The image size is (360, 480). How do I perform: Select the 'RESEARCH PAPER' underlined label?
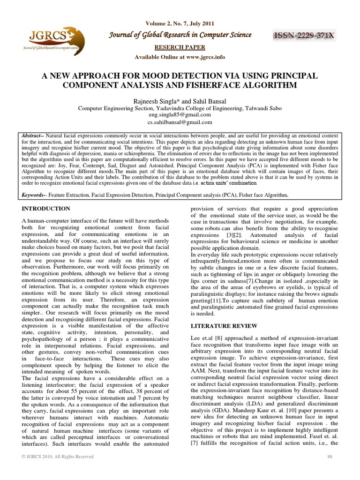180,47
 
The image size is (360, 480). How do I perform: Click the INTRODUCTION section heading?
46,208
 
